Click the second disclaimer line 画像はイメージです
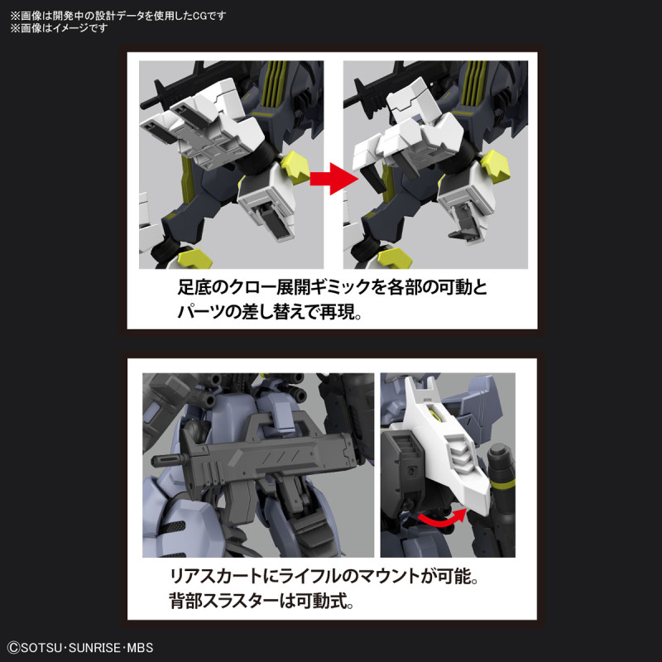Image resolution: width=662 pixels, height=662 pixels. click(x=58, y=28)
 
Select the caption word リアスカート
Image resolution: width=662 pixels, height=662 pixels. click(x=200, y=574)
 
